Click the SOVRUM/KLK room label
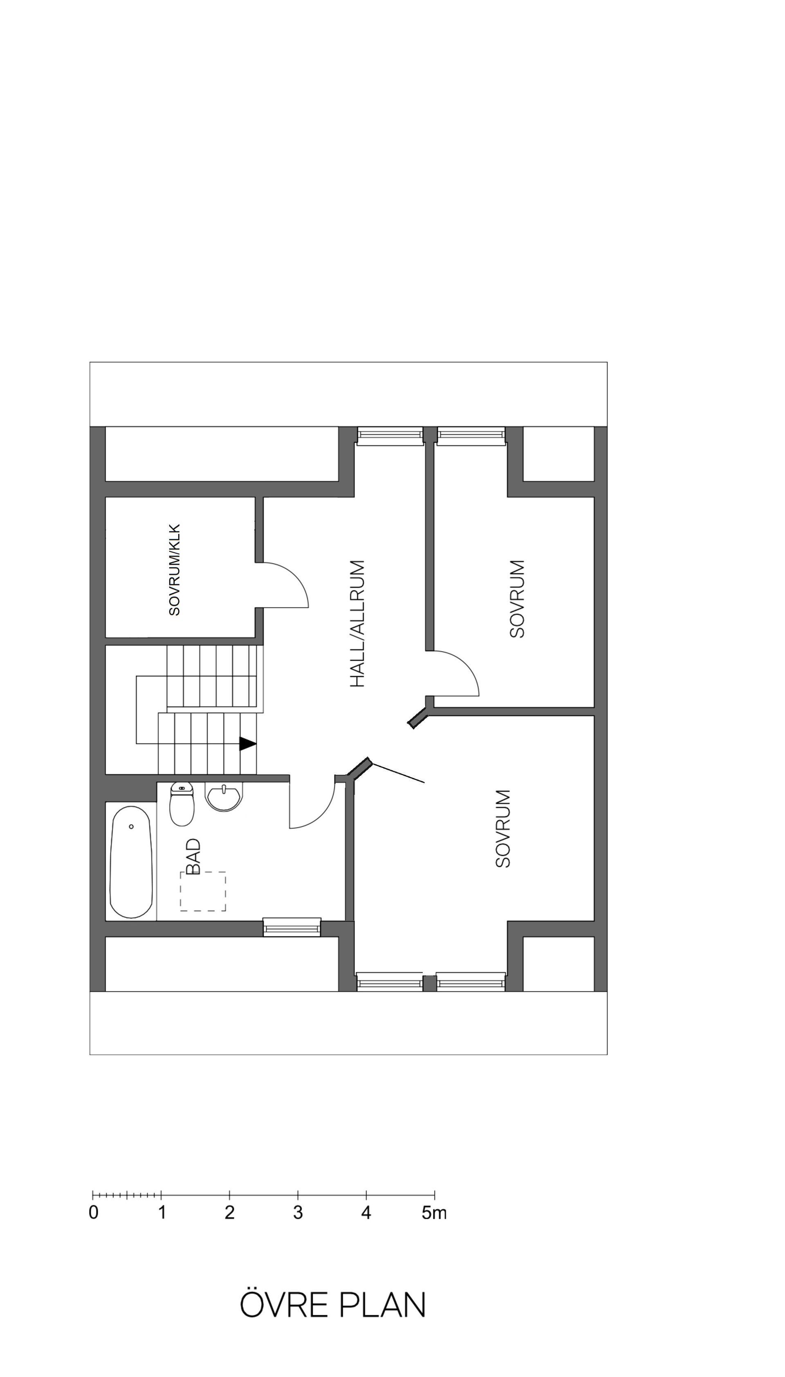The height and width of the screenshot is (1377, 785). tap(174, 570)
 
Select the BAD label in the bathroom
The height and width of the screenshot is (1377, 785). tap(193, 856)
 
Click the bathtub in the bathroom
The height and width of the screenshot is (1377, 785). tap(131, 861)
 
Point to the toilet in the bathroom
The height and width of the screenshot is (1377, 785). tap(182, 805)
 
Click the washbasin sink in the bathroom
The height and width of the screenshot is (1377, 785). tap(224, 797)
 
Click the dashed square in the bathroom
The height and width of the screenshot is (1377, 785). tap(203, 891)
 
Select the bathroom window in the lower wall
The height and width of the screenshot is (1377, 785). tap(292, 927)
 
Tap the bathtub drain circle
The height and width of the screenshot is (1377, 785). tap(131, 826)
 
